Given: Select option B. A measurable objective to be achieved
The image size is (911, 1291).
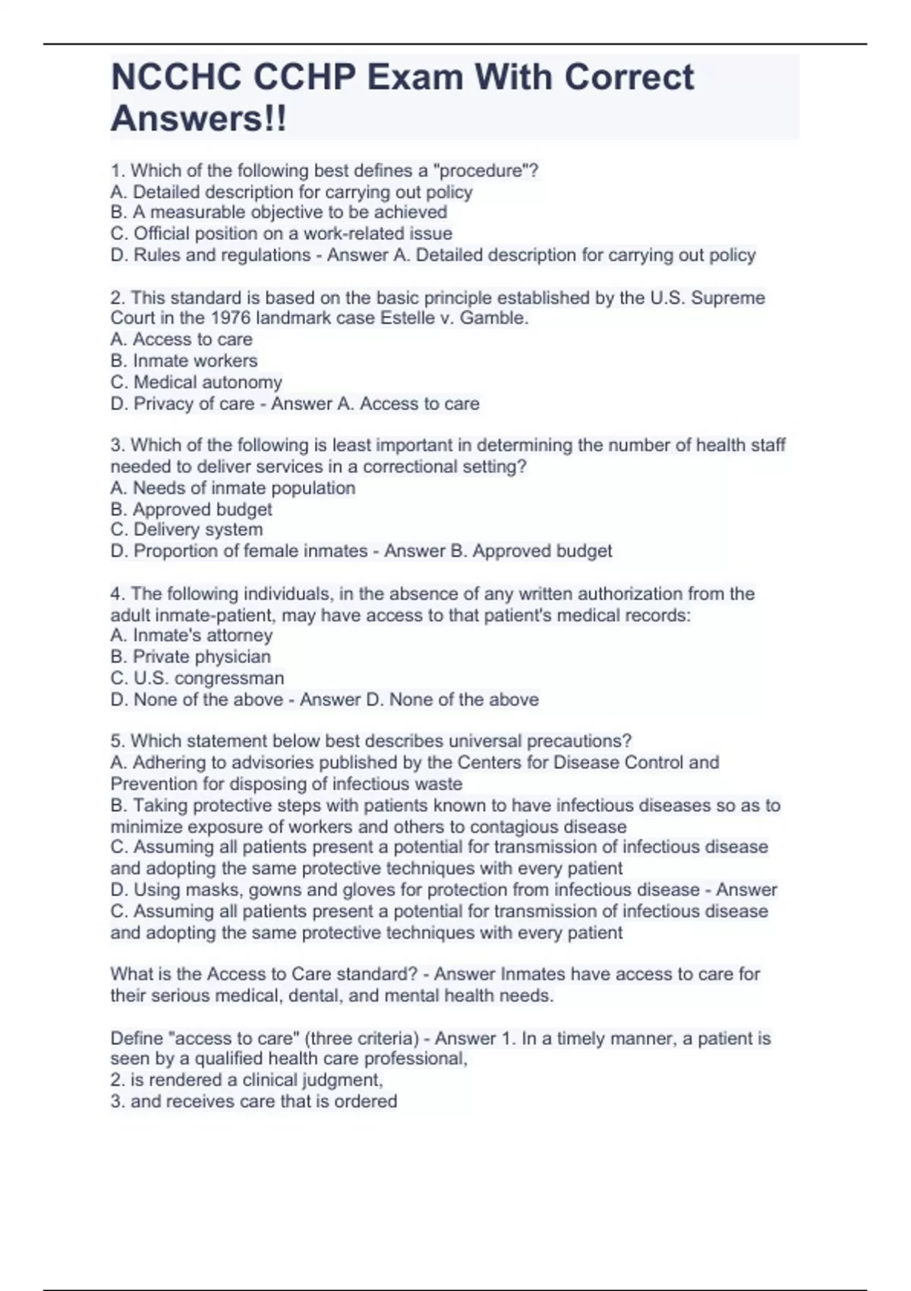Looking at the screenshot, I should pyautogui.click(x=279, y=213).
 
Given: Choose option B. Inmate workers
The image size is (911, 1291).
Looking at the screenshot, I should pyautogui.click(x=184, y=361).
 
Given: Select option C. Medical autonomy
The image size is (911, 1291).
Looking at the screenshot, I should pyautogui.click(x=196, y=382).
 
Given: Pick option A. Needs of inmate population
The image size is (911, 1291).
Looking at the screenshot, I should pyautogui.click(x=232, y=488).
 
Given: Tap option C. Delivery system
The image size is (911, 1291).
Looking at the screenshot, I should pyautogui.click(x=187, y=529).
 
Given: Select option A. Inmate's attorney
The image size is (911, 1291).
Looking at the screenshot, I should pyautogui.click(x=191, y=635).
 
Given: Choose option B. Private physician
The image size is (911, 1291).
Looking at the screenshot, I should pyautogui.click(x=191, y=656).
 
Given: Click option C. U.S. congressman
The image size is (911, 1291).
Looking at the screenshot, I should pyautogui.click(x=197, y=677).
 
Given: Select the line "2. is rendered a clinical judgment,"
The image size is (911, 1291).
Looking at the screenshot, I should pyautogui.click(x=247, y=1080).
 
